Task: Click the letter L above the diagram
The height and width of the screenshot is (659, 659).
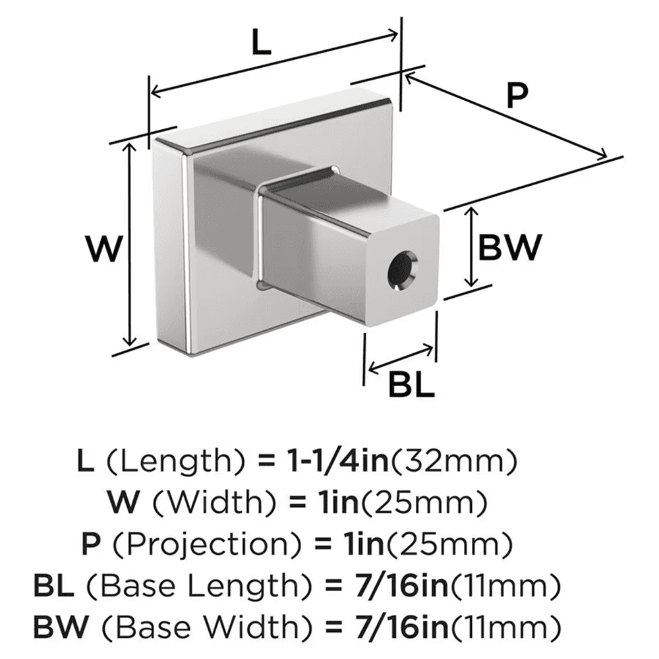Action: tap(262, 44)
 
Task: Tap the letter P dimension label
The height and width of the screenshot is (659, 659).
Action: tap(518, 97)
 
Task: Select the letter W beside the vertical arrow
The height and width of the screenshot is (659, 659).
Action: tap(104, 250)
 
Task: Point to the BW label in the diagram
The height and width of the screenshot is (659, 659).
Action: tap(509, 247)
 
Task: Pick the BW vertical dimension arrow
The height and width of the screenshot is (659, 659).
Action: tap(471, 246)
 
